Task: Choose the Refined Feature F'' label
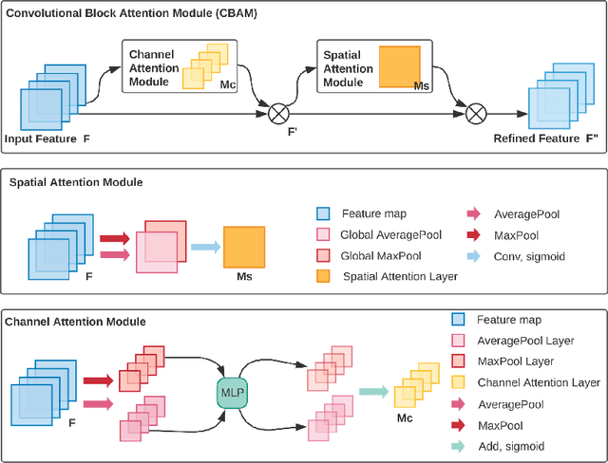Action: click(545, 139)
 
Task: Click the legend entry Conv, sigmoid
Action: click(528, 255)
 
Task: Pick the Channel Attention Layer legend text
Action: click(538, 382)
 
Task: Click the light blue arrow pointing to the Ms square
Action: click(204, 247)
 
